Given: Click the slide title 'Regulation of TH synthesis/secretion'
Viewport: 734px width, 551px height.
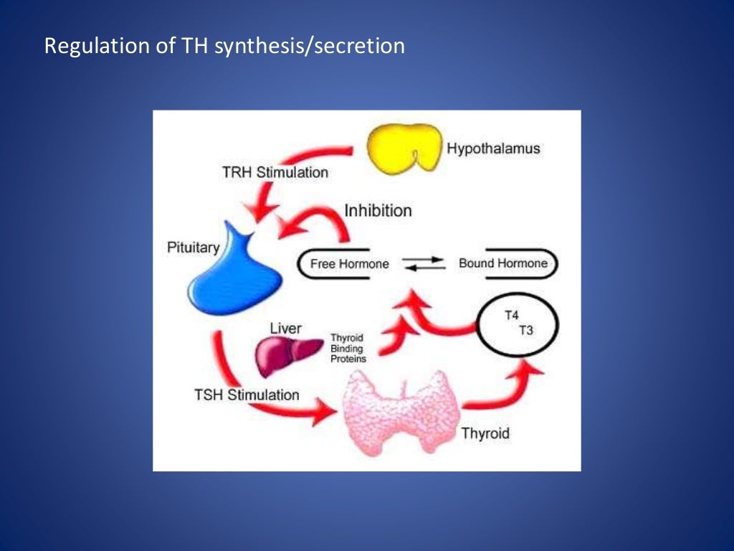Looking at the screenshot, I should (224, 47).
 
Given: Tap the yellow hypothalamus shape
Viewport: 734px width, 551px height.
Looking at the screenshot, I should (403, 147).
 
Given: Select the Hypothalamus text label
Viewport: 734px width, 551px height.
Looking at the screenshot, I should (493, 149).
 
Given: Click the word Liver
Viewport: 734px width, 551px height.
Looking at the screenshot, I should (287, 329).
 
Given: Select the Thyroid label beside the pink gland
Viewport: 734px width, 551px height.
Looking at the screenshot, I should (485, 433).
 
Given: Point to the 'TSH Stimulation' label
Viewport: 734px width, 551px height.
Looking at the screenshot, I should (247, 395).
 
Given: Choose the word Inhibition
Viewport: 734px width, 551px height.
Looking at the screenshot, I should (378, 211).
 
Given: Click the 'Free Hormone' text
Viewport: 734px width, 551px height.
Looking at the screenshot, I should (349, 264).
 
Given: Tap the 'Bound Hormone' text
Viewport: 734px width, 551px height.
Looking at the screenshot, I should (502, 263).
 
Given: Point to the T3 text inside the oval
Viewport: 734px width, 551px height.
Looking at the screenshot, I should (525, 330).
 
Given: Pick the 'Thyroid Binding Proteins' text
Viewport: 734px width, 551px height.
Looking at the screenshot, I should (348, 348).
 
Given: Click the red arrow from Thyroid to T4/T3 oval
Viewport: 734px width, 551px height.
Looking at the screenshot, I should (502, 387).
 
